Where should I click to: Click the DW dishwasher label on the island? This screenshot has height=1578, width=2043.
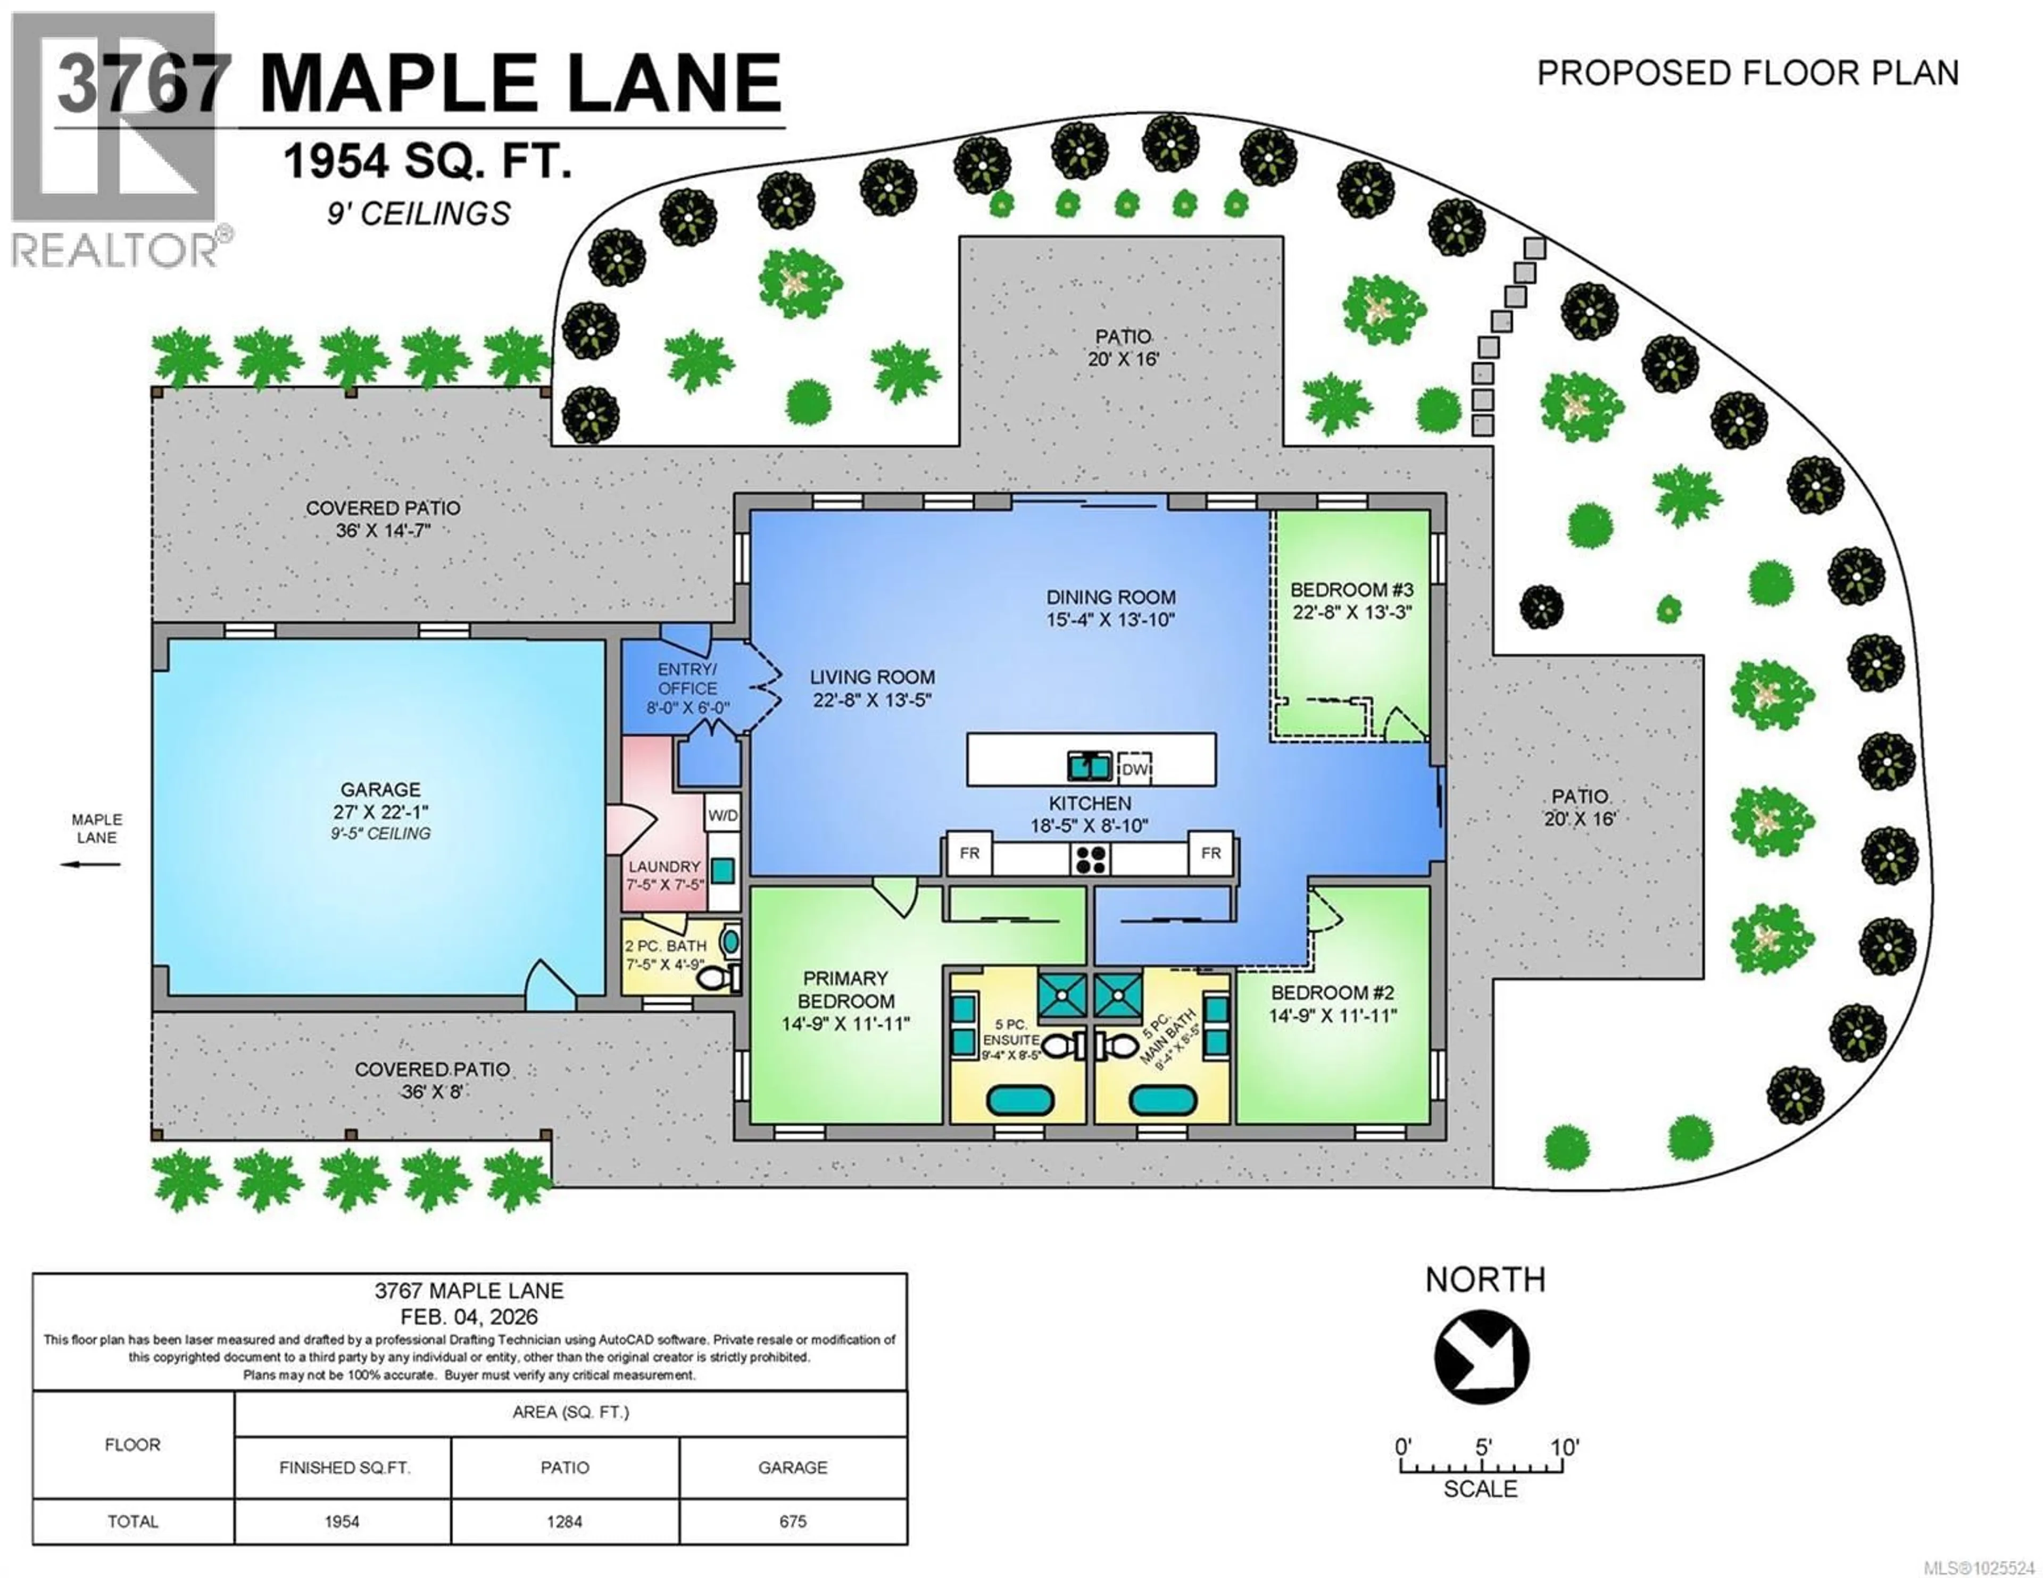1135,770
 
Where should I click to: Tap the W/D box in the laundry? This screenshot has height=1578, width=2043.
722,816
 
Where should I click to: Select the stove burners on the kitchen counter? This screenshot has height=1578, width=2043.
1090,859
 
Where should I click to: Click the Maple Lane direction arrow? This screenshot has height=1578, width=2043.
91,864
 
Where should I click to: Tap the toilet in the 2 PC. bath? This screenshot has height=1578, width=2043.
718,979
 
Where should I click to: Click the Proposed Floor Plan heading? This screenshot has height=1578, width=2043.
1747,73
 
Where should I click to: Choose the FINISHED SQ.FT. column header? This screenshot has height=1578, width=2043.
343,1467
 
